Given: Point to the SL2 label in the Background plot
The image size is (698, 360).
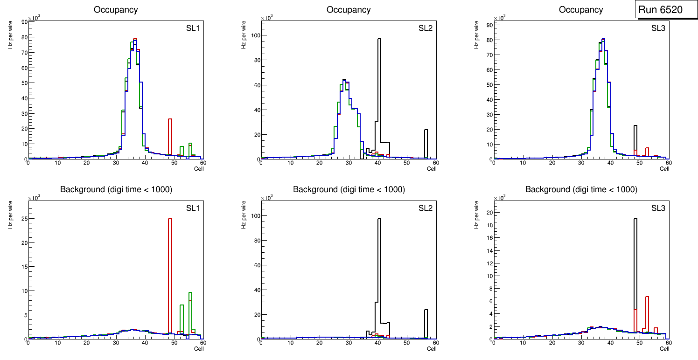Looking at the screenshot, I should point(425,208).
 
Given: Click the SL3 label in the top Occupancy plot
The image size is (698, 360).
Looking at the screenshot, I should point(658,28).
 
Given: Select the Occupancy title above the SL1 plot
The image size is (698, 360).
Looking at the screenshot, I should point(116,10).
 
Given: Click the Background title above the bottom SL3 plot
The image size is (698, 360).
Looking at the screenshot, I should point(581,190).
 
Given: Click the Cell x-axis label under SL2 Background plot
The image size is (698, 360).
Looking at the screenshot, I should point(431,349).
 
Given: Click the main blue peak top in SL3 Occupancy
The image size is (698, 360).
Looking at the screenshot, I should point(603,39).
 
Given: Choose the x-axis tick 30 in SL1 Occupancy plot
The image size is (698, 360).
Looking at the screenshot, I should point(116,163).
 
